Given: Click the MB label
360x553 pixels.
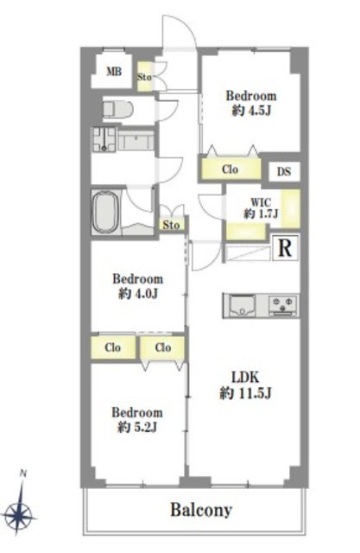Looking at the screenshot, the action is (x=114, y=72).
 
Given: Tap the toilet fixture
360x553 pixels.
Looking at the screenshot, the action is (x=117, y=109).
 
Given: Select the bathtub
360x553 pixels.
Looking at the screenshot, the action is (x=104, y=212).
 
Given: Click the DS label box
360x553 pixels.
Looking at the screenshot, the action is (x=284, y=172).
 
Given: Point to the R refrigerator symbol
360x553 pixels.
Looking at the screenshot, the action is (x=285, y=248).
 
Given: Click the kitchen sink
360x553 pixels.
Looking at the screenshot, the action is (x=242, y=306).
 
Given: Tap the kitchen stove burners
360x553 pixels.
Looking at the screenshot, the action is (x=283, y=305).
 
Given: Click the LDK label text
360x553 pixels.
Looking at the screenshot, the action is (x=245, y=378).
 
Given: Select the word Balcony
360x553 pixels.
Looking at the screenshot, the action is (x=201, y=510).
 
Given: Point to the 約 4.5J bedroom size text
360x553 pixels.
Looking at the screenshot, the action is (x=251, y=111).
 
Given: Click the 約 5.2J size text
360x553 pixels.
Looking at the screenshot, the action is (x=136, y=428).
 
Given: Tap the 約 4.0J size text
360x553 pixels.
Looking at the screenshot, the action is (x=137, y=294).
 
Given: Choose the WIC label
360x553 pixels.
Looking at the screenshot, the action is (x=261, y=202).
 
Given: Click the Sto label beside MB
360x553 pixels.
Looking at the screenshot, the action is (x=144, y=77).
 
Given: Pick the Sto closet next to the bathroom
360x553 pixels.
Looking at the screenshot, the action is (x=171, y=225).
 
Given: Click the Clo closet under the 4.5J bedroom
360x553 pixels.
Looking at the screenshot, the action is (x=231, y=169).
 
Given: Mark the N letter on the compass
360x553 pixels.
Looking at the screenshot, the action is (x=23, y=474).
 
